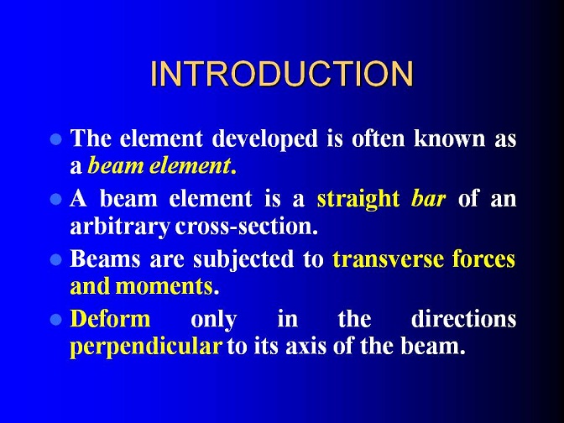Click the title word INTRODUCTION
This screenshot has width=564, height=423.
tap(282, 74)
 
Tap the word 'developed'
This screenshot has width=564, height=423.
tap(264, 139)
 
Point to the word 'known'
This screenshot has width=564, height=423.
tap(449, 138)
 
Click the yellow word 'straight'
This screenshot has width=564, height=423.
tap(358, 200)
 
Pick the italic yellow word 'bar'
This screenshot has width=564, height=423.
tap(428, 198)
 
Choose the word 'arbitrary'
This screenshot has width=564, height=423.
tap(120, 227)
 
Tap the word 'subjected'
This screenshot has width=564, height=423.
tap(243, 260)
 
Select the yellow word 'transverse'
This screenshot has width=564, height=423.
tap(388, 259)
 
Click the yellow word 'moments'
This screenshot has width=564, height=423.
tap(164, 287)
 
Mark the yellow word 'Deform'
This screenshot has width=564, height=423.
tap(110, 318)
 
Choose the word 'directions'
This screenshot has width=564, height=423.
tap(463, 318)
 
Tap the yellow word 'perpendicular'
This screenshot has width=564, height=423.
tap(146, 347)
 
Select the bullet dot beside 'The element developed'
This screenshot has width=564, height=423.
tap(55, 139)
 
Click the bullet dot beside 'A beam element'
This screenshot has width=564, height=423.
tap(55, 199)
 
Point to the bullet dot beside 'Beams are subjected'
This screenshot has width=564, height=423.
tap(55, 259)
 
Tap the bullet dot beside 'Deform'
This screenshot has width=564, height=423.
tap(55, 319)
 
